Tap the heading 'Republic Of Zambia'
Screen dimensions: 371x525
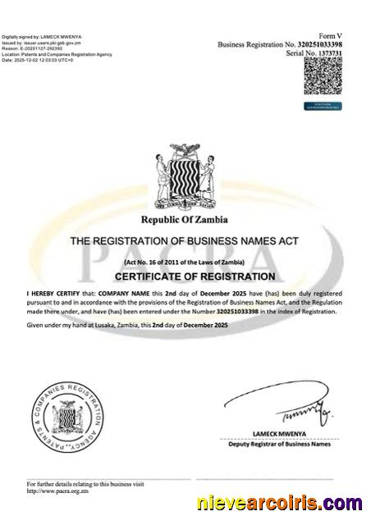(x=185, y=220)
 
